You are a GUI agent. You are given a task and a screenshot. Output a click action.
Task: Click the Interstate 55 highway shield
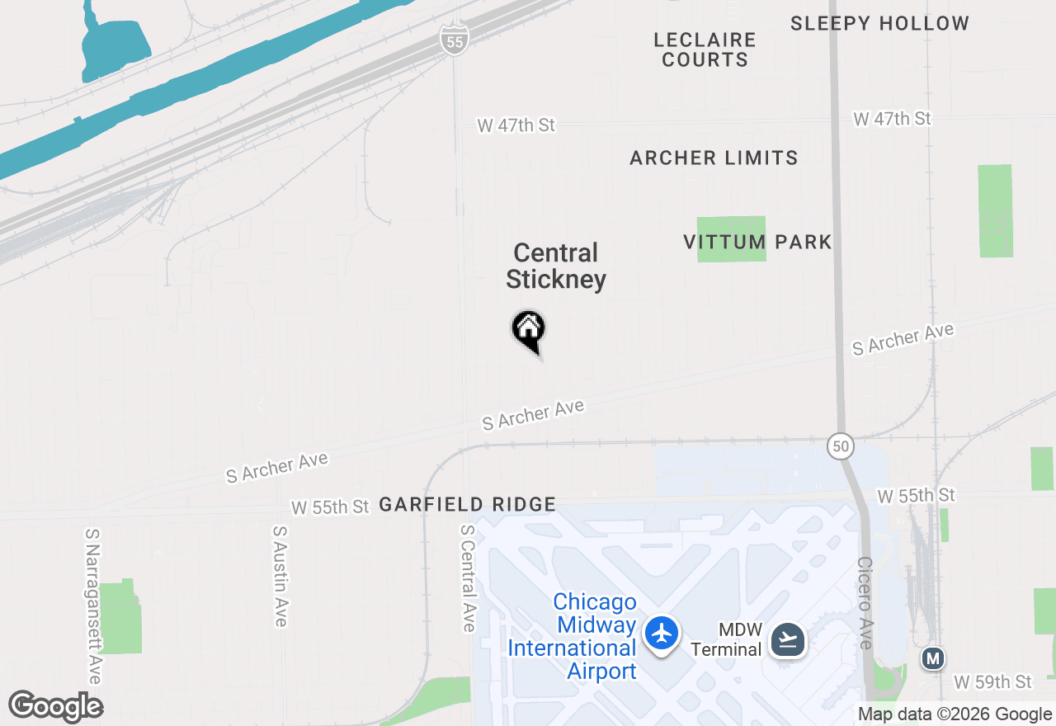(x=455, y=40)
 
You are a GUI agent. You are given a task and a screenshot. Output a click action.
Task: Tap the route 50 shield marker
(x=840, y=445)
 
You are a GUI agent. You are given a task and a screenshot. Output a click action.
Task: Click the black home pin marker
(x=529, y=330)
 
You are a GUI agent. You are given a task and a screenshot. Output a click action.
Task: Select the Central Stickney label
(x=556, y=266)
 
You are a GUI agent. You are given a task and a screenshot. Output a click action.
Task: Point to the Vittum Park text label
(x=757, y=242)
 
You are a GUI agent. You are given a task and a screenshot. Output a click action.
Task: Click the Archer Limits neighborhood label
(x=714, y=158)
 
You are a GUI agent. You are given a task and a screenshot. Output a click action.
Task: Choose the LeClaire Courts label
(x=705, y=49)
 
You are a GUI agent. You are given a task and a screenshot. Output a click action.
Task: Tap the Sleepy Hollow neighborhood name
(x=879, y=23)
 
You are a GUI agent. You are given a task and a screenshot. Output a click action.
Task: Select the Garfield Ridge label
(x=468, y=504)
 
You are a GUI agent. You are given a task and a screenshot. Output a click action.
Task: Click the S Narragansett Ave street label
(x=92, y=606)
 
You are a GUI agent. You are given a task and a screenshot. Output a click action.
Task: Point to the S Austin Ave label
(x=280, y=577)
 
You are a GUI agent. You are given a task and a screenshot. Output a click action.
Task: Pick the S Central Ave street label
(x=468, y=578)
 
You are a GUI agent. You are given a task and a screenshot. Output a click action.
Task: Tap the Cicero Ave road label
(x=865, y=602)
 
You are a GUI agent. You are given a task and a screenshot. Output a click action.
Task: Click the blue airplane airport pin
(x=662, y=634)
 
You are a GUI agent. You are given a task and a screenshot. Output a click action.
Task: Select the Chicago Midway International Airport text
(x=573, y=636)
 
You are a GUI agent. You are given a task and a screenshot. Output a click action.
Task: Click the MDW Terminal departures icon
(x=788, y=639)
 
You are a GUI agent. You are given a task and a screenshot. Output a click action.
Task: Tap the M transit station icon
(x=933, y=658)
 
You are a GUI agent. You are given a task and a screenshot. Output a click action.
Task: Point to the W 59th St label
(x=993, y=682)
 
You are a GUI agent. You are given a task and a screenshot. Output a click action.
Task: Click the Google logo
(x=55, y=707)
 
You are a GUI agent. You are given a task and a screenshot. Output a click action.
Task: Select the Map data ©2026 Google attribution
(x=955, y=714)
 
